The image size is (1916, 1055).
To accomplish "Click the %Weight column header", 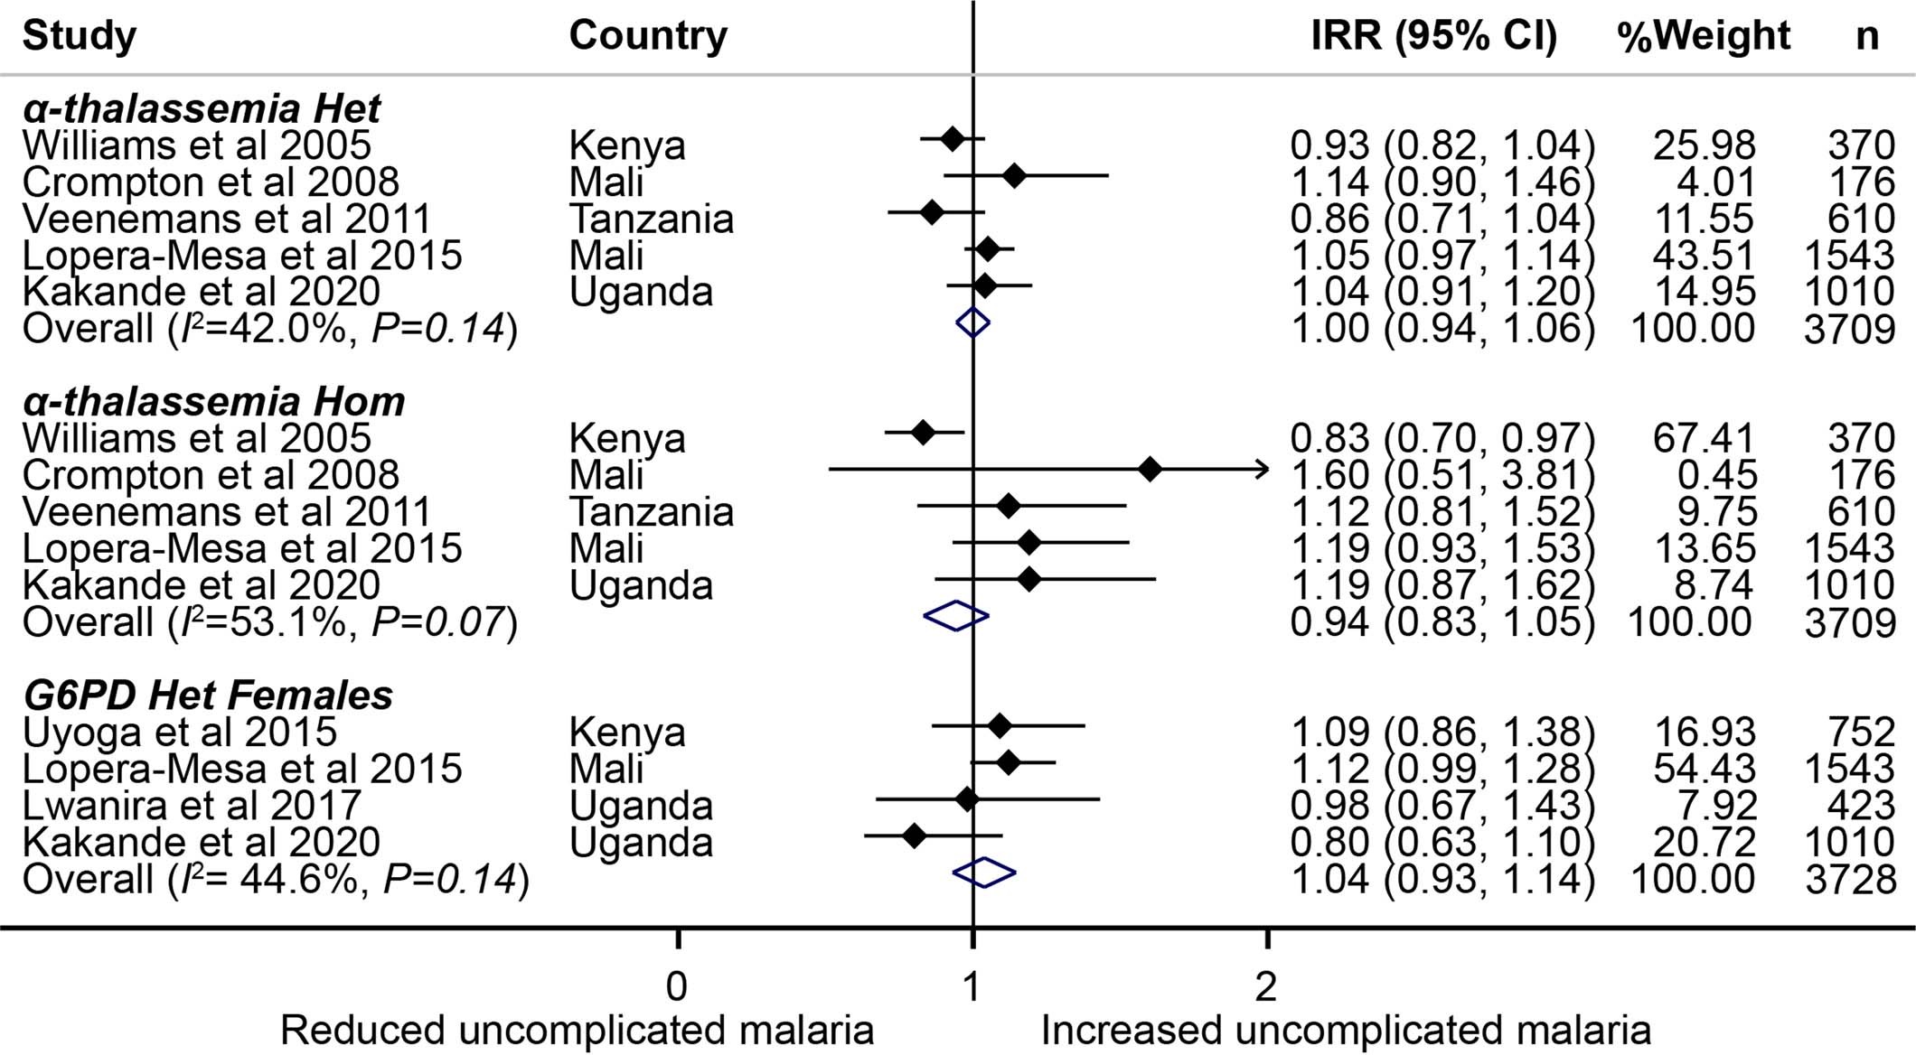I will (1703, 36).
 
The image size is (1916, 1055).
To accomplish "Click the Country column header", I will (648, 36).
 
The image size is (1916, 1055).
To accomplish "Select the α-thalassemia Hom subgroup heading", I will (214, 402).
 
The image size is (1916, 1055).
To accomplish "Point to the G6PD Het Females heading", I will (208, 695).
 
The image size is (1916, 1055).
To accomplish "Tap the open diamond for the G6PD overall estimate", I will (984, 873).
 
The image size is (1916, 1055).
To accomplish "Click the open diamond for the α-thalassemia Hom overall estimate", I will (956, 616).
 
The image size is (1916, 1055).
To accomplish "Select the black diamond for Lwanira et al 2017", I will (967, 799).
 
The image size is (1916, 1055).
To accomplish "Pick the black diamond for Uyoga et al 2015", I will (999, 725).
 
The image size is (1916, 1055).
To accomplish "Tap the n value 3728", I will (1850, 879).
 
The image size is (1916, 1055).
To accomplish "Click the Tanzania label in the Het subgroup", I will (651, 219).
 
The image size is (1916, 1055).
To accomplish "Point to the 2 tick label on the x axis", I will (1266, 987).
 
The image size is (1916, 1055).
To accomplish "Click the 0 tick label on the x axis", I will (677, 987).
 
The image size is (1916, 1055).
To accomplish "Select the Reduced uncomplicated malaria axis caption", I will (577, 1031).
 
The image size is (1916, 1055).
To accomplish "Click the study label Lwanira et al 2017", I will (192, 805).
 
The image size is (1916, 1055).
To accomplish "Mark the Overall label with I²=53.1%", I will (269, 622).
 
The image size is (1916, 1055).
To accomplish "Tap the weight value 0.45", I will (1721, 475).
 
